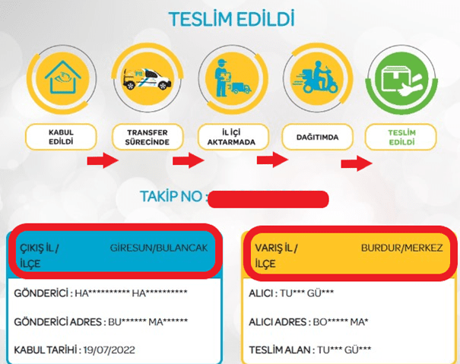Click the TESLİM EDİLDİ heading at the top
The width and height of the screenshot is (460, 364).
230,18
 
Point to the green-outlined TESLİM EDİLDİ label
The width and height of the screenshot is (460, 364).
395,137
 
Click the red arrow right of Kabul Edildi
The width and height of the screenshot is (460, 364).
103,161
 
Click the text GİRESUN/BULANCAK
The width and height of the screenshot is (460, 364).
163,248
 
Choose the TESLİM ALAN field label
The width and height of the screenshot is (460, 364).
286,351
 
